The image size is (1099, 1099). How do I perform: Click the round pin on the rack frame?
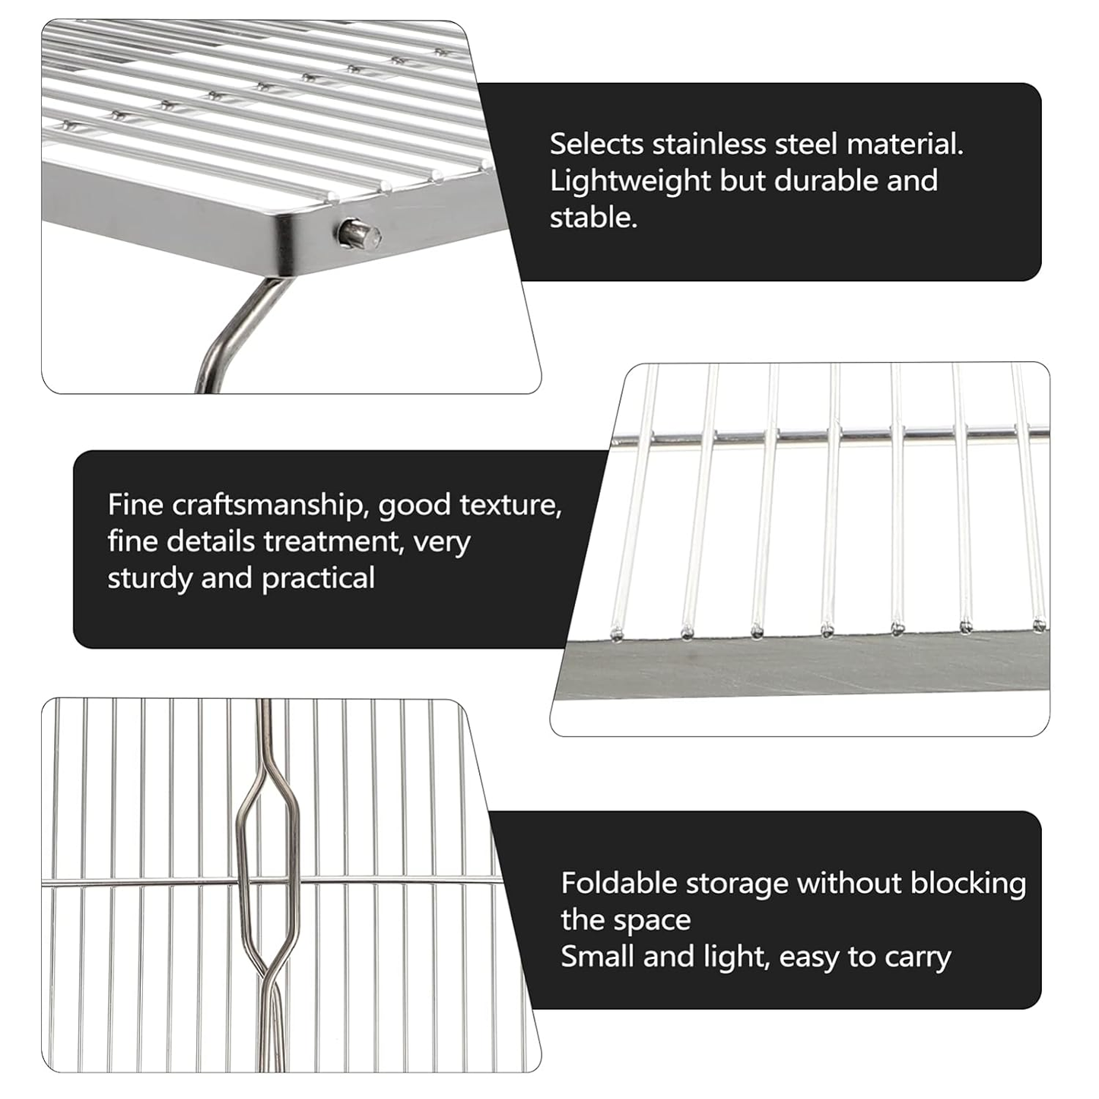click(360, 233)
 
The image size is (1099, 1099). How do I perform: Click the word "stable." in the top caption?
click(593, 218)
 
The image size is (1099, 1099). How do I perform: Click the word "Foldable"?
click(619, 884)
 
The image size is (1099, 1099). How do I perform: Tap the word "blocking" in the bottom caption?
click(968, 884)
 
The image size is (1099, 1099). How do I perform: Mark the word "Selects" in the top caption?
click(597, 145)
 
